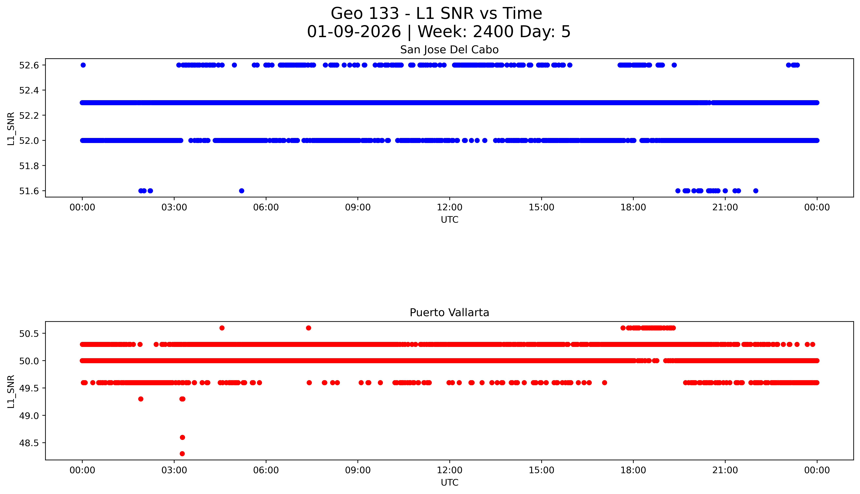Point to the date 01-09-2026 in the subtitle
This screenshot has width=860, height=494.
(354, 32)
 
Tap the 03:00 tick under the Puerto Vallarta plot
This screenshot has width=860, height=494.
(174, 470)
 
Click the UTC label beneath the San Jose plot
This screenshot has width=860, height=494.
(449, 220)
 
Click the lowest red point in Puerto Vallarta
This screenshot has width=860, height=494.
(182, 454)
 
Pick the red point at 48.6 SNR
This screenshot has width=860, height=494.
(182, 437)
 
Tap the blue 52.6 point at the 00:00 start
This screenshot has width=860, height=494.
(83, 65)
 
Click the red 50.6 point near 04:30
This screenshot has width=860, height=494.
(222, 328)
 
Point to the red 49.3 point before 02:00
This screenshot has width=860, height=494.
(141, 399)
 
